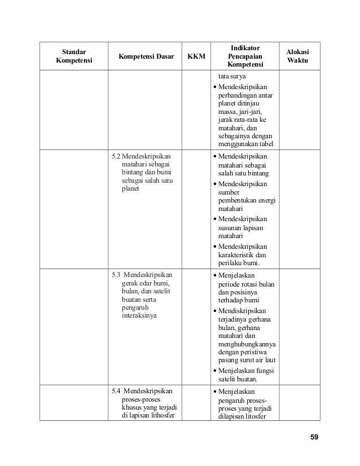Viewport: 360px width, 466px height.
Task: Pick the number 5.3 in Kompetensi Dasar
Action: pos(116,275)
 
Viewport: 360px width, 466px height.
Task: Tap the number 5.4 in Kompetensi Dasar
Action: pos(116,390)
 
